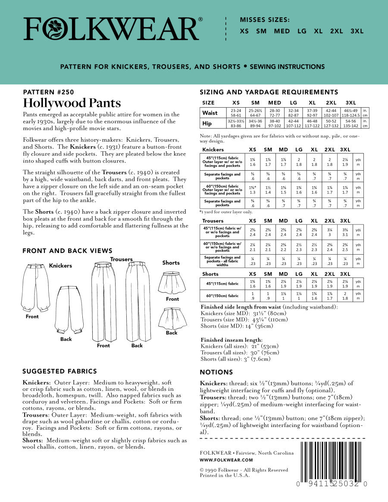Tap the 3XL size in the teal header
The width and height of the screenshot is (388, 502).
point(357,31)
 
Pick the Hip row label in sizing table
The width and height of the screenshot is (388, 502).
point(207,124)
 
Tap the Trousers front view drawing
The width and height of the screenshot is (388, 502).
point(103,301)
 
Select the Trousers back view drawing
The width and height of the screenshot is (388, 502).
point(137,301)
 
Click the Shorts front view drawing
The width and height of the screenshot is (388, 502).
point(172,282)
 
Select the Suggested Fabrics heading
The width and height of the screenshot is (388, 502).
point(59,371)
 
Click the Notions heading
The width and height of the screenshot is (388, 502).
point(216,372)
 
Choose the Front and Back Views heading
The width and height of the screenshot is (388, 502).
point(67,251)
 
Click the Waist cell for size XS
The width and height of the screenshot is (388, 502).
point(236,113)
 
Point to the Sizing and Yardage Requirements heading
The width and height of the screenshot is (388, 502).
point(269,92)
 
